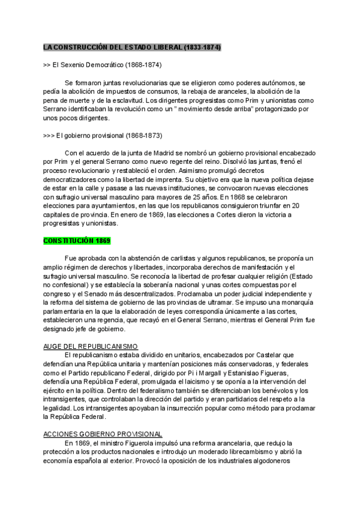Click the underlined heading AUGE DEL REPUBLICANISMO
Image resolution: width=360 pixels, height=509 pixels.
tap(91, 346)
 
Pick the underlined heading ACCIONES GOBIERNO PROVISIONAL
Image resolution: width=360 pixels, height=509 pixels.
tap(103, 434)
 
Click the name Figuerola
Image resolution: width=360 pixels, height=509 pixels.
tap(127, 443)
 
